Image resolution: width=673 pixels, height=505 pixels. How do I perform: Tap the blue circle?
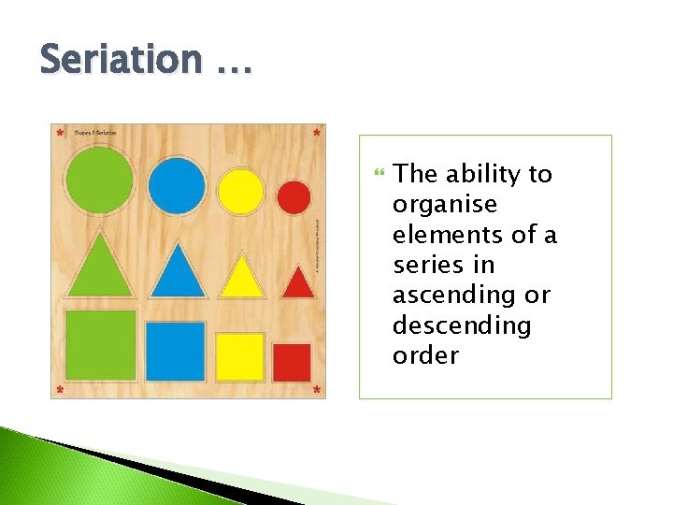point(177,186)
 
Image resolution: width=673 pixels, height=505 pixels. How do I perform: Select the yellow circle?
point(240,191)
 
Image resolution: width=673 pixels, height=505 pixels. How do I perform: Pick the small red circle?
point(294,197)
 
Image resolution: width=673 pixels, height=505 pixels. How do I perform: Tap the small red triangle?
point(297,282)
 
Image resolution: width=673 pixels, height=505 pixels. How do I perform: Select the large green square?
point(100,345)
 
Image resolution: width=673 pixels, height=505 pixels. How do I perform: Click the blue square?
point(175,352)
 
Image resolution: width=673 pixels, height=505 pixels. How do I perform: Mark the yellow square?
point(240,357)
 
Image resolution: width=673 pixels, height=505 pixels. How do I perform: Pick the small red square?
point(292,363)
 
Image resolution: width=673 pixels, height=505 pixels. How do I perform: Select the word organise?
point(445,205)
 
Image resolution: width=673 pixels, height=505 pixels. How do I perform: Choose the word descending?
point(462,325)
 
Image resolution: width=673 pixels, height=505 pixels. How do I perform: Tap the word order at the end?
point(425,355)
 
